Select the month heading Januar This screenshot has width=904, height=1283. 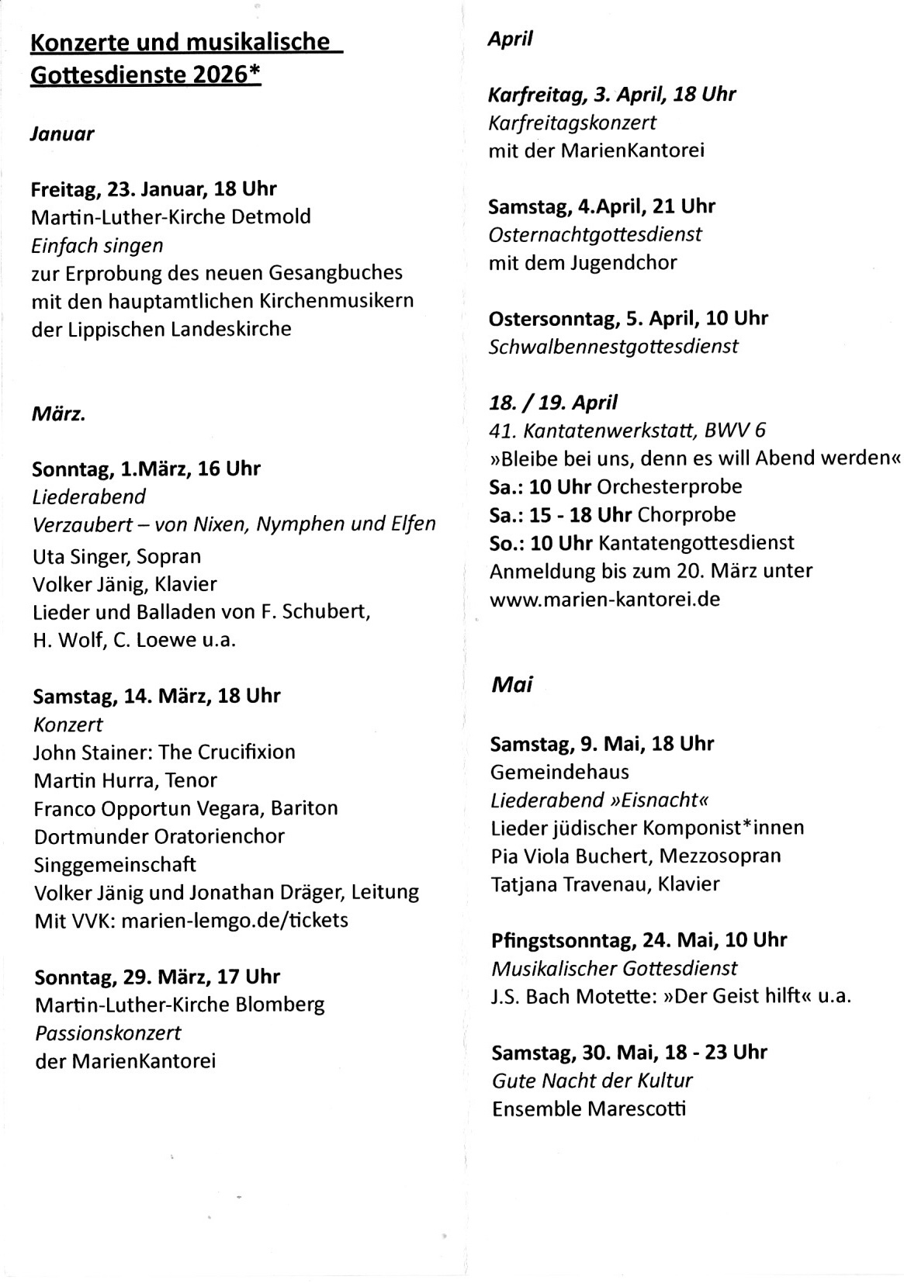pyautogui.click(x=62, y=134)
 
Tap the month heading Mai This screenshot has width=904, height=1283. pyautogui.click(x=512, y=685)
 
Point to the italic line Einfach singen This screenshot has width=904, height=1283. pyautogui.click(x=97, y=246)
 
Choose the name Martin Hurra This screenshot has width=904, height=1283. pyautogui.click(x=88, y=780)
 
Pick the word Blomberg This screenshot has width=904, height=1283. pyautogui.click(x=279, y=1005)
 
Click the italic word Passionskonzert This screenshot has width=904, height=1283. pyautogui.click(x=108, y=1033)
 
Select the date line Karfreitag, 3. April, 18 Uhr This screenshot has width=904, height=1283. pyautogui.click(x=611, y=95)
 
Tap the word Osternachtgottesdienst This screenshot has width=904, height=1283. pyautogui.click(x=595, y=234)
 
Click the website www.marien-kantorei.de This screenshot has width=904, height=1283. pyautogui.click(x=604, y=599)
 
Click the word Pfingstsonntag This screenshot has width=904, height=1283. pyautogui.click(x=562, y=940)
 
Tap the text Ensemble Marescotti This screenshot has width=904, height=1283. pyautogui.click(x=589, y=1108)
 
